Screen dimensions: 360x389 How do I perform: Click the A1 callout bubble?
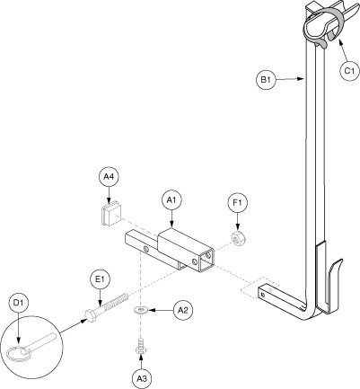pyautogui.click(x=171, y=200)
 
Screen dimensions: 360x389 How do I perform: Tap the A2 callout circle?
pyautogui.click(x=183, y=311)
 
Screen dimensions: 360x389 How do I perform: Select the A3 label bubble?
pyautogui.click(x=142, y=378)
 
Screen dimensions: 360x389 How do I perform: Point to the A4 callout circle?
pyautogui.click(x=109, y=177)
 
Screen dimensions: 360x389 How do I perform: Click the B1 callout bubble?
pyautogui.click(x=266, y=79)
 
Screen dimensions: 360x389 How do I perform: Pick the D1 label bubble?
pyautogui.click(x=18, y=303)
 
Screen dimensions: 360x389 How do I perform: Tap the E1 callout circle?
pyautogui.click(x=100, y=279)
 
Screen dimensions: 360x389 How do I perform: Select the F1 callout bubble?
pyautogui.click(x=238, y=203)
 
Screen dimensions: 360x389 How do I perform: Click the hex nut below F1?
pyautogui.click(x=239, y=238)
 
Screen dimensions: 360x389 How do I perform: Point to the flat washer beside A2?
pyautogui.click(x=141, y=310)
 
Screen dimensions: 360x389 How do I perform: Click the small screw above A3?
pyautogui.click(x=140, y=346)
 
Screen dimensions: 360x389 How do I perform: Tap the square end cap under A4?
pyautogui.click(x=111, y=214)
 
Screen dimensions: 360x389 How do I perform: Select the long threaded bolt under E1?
pyautogui.click(x=106, y=307)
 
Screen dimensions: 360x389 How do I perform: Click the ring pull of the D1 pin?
pyautogui.click(x=18, y=353)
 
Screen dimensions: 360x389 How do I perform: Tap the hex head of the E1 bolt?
pyautogui.click(x=90, y=316)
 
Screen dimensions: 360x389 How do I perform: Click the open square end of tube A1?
pyautogui.click(x=206, y=260)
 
